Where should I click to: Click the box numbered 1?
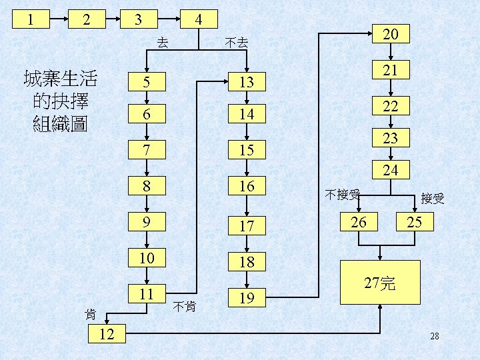coord(30,18)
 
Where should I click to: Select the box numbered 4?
coord(198,19)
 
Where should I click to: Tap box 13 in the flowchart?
coord(247,82)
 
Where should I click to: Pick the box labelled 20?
coord(392,35)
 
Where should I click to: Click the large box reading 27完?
coord(380,284)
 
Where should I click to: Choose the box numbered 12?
coord(107,333)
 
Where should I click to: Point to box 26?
coord(359,222)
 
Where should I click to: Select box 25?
coord(414,222)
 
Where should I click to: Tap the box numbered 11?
coord(147,294)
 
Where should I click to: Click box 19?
coord(247,297)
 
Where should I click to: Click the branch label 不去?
coord(237,43)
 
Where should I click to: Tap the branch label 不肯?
coord(183,307)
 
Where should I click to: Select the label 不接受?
coord(343,195)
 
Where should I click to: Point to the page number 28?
coord(434,336)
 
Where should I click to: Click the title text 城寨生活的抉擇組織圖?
coord(60,101)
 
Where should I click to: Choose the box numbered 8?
coord(147,186)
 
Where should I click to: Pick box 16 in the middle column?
coord(247,186)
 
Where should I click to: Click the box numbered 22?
coord(391,105)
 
